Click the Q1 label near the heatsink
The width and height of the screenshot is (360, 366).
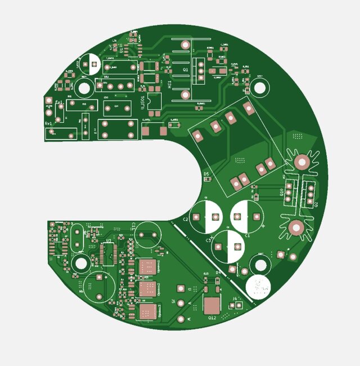click(x=186, y=70)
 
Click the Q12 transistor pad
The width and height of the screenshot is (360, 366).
click(x=211, y=306)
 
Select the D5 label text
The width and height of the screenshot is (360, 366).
click(x=206, y=174)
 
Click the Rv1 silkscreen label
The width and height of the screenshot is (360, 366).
click(x=48, y=123)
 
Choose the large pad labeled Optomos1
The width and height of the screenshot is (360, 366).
click(x=146, y=266)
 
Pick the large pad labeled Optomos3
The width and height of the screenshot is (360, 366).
click(x=147, y=311)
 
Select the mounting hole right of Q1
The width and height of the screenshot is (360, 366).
click(x=259, y=87)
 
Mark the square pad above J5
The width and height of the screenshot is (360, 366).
click(x=181, y=288)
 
